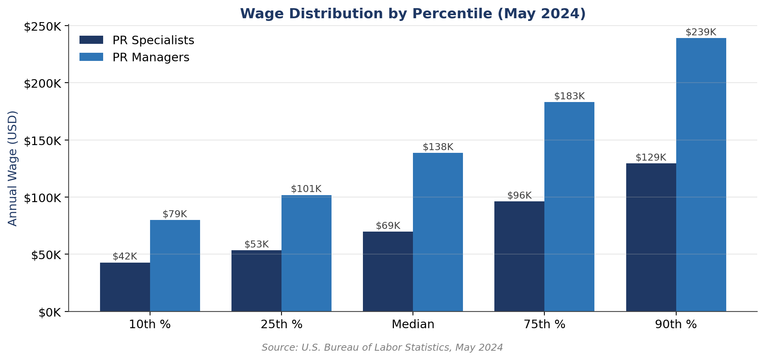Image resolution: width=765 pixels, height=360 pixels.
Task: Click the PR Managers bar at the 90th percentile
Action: (x=701, y=175)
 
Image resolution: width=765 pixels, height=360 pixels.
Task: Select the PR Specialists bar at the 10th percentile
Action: (x=125, y=287)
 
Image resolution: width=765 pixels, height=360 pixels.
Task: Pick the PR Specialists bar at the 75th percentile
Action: (x=519, y=256)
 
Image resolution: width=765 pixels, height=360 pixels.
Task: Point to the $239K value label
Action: (x=701, y=32)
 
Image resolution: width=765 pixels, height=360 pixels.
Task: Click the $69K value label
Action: (x=388, y=226)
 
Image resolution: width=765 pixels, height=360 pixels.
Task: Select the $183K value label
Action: (x=569, y=96)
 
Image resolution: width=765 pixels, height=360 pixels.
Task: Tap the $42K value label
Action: (x=125, y=256)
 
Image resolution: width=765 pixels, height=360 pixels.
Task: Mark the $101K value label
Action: (x=306, y=189)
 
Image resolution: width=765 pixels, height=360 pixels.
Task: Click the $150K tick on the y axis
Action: (x=42, y=140)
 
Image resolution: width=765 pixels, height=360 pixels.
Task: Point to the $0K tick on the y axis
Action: (x=50, y=312)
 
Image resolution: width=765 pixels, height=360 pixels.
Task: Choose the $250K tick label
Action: (x=42, y=27)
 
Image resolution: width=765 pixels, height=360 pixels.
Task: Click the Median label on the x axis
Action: (x=413, y=324)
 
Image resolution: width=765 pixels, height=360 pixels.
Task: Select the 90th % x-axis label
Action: (x=676, y=324)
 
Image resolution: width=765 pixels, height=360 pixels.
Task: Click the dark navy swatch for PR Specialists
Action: (x=91, y=40)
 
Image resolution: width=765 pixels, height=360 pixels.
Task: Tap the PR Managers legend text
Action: (x=151, y=57)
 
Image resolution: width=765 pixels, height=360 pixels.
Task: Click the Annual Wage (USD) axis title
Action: (x=12, y=168)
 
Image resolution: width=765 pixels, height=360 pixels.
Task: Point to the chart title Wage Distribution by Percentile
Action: (x=413, y=14)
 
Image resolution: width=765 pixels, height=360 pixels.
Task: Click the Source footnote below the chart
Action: (x=382, y=348)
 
